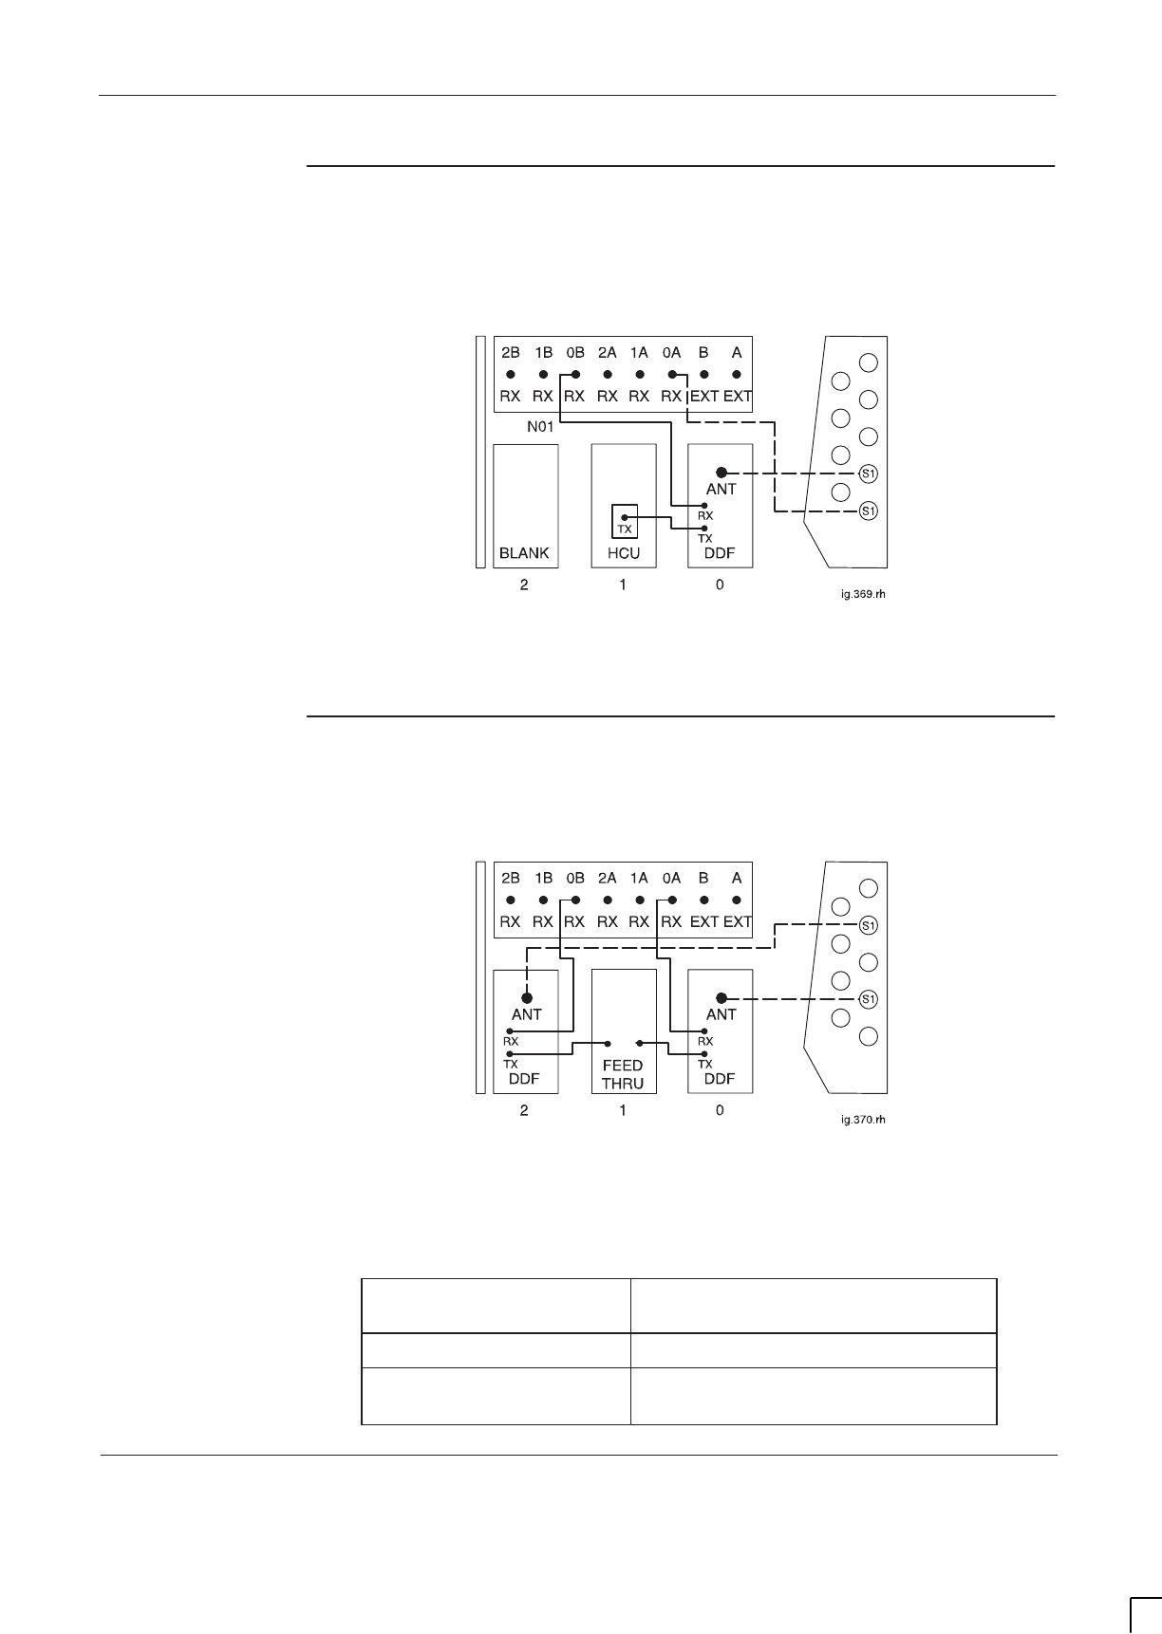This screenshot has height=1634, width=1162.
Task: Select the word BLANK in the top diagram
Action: tap(524, 553)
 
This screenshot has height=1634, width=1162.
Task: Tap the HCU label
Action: tap(623, 553)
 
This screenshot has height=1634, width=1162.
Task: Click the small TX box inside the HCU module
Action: tap(624, 521)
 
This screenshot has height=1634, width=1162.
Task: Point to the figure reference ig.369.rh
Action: tap(859, 595)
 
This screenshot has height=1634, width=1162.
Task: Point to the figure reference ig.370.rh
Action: tap(859, 1121)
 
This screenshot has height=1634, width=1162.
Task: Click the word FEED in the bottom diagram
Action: tap(623, 1066)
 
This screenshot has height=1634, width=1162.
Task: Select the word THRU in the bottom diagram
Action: tap(623, 1084)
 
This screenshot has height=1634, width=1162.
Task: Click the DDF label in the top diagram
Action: tap(721, 553)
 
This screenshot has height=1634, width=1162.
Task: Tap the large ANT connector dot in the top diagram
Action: tap(722, 473)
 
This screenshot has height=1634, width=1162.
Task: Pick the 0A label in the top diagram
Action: tap(671, 352)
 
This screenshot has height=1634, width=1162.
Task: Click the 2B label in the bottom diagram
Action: tap(511, 878)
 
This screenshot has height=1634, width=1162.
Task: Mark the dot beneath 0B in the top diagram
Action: tap(575, 375)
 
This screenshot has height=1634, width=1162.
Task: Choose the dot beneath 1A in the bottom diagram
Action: tap(640, 901)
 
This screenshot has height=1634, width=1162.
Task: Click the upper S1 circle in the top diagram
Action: tap(867, 473)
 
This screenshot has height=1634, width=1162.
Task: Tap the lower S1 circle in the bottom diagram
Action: tap(867, 998)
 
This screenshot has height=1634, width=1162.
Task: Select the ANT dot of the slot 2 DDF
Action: tap(527, 997)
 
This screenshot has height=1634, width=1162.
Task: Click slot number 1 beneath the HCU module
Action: tap(623, 585)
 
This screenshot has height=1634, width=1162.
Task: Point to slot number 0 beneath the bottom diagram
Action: tap(720, 1110)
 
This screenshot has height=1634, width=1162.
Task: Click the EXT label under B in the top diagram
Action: tap(703, 396)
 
